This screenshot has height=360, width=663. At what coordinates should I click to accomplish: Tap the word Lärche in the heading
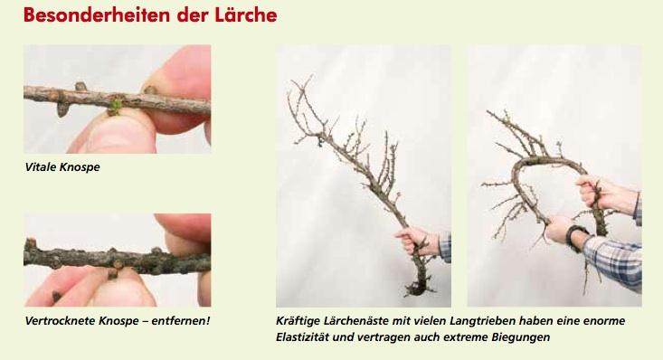(x=246, y=15)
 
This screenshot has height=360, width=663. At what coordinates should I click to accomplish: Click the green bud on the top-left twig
(x=115, y=106)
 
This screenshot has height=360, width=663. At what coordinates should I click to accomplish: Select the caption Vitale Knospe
(x=62, y=167)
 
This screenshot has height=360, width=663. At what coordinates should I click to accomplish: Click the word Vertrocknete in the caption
(x=60, y=321)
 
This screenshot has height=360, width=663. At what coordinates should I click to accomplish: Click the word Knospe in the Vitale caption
(x=80, y=167)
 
